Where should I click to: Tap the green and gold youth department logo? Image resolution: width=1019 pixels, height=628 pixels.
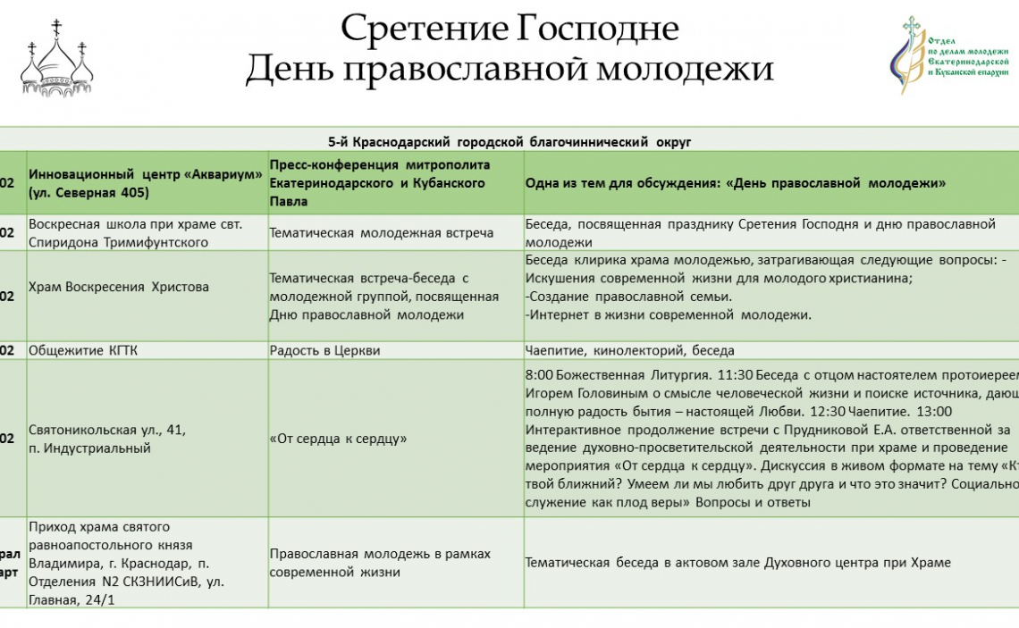click(951, 56)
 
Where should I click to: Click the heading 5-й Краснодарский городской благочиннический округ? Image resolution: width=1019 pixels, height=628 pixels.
click(509, 141)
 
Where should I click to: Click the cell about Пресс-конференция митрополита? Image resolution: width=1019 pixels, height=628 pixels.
click(377, 182)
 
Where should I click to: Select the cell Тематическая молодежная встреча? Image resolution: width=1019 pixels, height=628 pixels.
click(382, 233)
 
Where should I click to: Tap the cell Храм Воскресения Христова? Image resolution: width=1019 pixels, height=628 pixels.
click(119, 287)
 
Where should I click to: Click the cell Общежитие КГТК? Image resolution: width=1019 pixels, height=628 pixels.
click(83, 351)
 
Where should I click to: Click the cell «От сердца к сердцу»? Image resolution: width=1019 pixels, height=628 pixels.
click(338, 439)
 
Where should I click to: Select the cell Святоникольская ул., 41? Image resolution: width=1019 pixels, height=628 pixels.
click(107, 430)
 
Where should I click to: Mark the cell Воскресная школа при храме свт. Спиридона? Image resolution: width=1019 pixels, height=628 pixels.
click(119, 233)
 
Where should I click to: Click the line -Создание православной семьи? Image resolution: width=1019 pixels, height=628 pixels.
click(628, 297)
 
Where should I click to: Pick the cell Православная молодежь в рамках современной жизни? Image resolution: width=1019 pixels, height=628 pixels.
click(380, 563)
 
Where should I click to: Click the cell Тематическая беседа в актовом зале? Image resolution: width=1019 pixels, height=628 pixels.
click(737, 563)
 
